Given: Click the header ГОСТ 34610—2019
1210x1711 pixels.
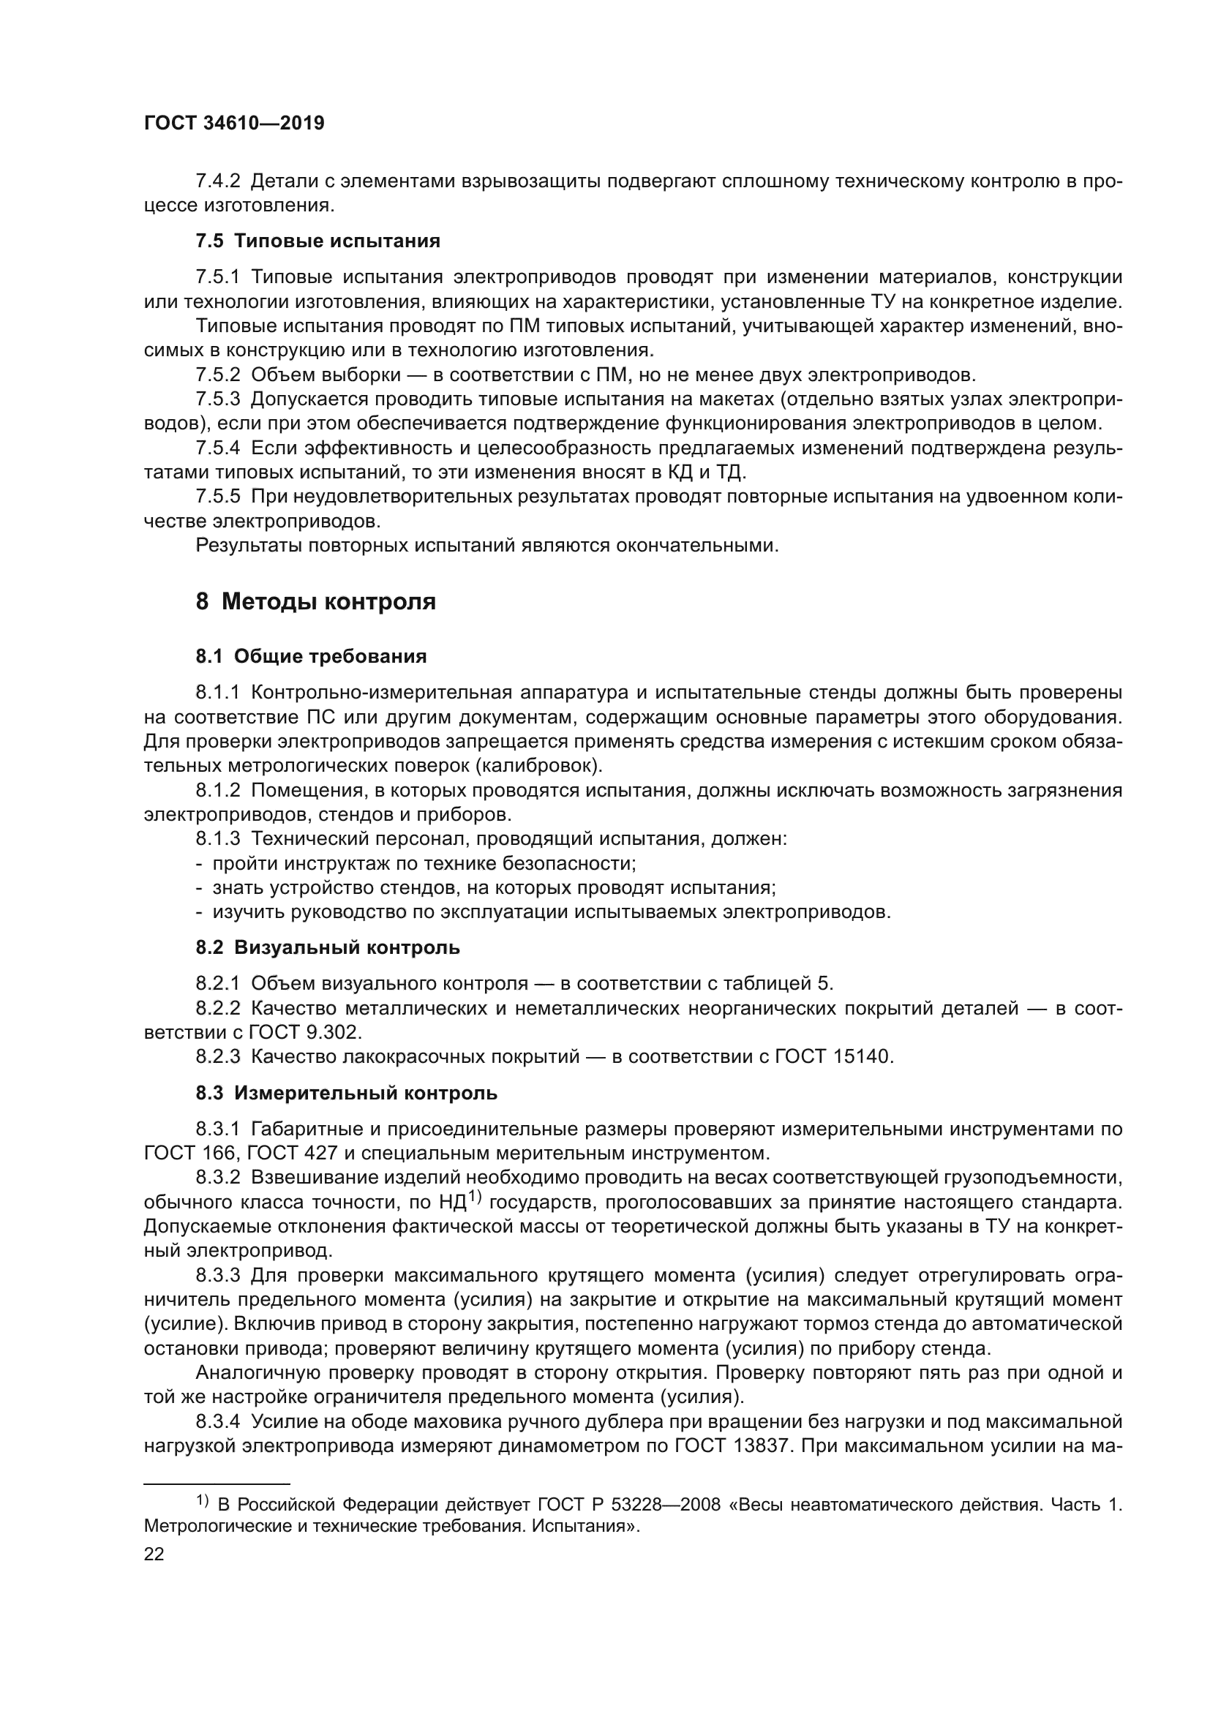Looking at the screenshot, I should pos(234,124).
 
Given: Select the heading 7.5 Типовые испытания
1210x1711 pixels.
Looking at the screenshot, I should pos(317,241).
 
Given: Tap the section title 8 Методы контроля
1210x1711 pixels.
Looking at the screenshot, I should pos(315,601).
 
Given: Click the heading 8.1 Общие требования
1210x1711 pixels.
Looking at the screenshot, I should pos(311,656).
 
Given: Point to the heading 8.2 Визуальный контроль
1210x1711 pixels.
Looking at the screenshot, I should pos(327,948).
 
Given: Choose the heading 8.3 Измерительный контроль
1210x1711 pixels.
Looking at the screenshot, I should pos(347,1093).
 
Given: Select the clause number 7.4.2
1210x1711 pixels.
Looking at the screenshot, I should pos(217,181).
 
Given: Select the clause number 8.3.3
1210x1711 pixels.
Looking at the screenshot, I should pos(217,1275).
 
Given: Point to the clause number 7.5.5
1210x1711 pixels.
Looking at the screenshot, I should pos(217,496).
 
